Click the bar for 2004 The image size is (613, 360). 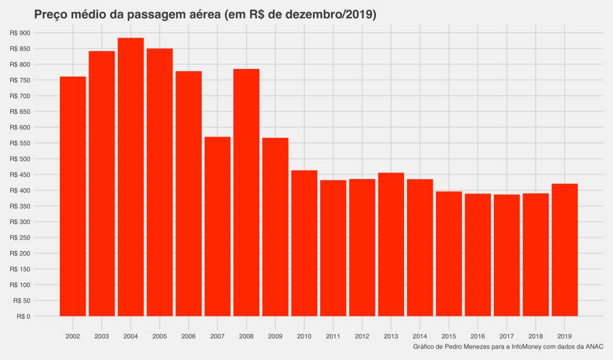coord(131,177)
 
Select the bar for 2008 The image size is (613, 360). coord(246,192)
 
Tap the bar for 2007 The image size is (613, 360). coord(217,226)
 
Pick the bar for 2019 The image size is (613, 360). coord(565,250)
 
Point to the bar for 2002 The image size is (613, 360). coord(73,196)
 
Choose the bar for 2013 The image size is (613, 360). coord(391,244)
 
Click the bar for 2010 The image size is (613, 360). coord(304,243)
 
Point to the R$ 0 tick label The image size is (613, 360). coord(24,316)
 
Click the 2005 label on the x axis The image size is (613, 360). coord(159,336)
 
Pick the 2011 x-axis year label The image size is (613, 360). coord(333,336)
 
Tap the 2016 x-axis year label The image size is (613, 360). coord(478,336)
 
